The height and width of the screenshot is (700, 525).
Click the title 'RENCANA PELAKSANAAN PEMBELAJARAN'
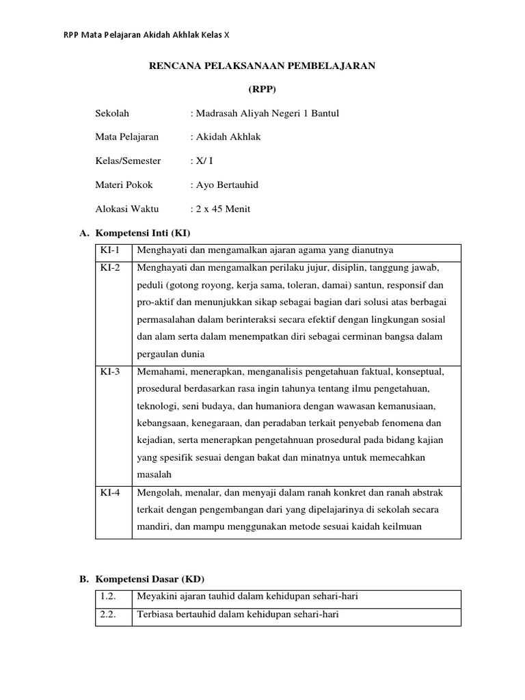(262, 66)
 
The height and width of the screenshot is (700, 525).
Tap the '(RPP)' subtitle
(262, 90)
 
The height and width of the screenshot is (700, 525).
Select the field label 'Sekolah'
(111, 113)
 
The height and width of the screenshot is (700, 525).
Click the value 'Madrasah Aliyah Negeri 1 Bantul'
(267, 113)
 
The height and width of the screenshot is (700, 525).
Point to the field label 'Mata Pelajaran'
(126, 137)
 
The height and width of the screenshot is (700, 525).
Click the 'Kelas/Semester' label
(128, 161)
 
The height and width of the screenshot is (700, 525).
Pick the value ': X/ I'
(202, 161)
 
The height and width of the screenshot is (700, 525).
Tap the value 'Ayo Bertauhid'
(227, 185)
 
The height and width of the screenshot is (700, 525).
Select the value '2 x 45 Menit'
(223, 208)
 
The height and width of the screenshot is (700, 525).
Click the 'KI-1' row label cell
(110, 250)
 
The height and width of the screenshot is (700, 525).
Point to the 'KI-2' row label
(110, 268)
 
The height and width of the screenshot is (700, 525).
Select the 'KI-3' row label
(110, 371)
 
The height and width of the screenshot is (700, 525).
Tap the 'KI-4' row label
(110, 492)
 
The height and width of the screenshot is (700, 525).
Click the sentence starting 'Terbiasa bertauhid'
(238, 615)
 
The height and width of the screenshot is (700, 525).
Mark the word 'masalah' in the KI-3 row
(154, 474)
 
